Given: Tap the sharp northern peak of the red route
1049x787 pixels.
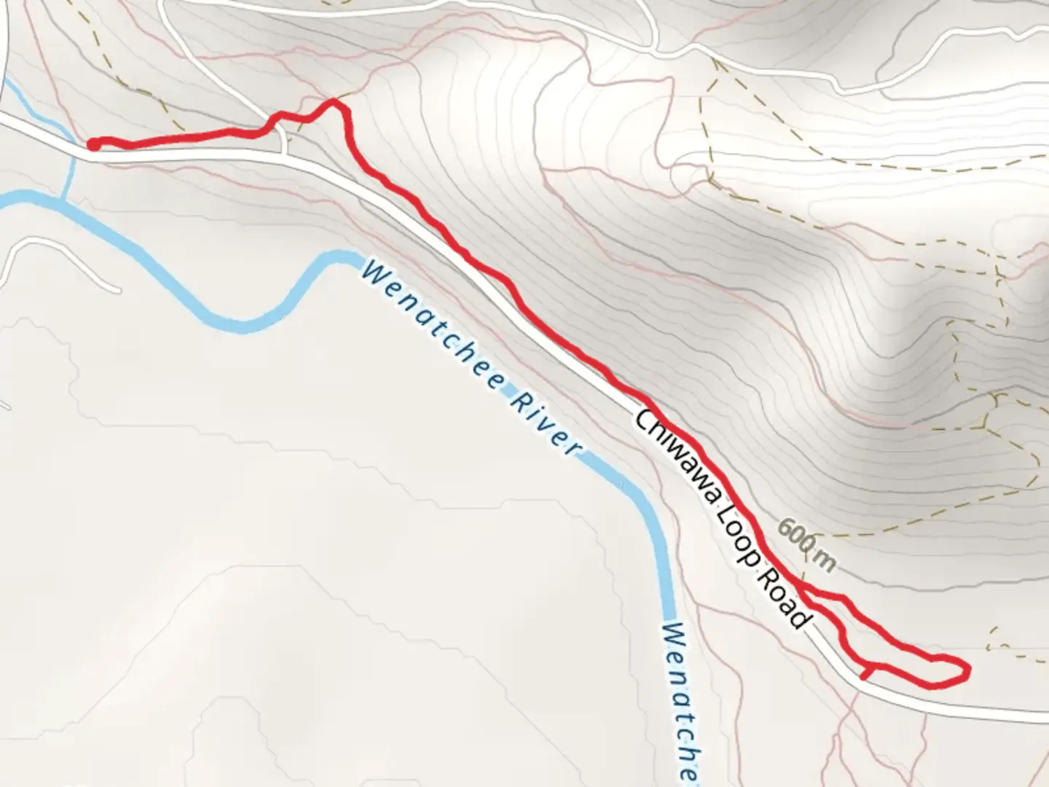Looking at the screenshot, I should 334,102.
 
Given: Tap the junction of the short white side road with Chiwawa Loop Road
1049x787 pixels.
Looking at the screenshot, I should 284,155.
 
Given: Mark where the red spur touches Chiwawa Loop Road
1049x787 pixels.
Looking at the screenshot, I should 863,677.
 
